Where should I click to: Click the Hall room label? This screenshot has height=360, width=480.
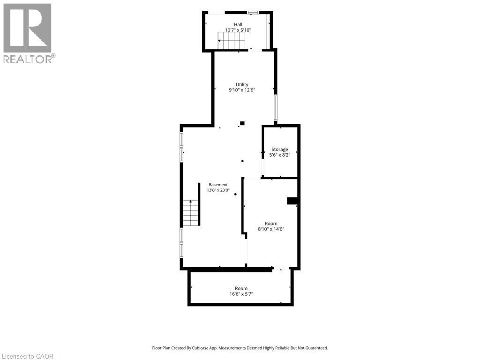[238, 24]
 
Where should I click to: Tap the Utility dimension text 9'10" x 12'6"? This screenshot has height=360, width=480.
[242, 90]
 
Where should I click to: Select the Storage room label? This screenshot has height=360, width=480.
[279, 150]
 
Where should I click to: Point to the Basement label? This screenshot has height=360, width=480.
[218, 185]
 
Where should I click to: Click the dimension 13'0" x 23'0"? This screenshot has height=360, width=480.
[218, 190]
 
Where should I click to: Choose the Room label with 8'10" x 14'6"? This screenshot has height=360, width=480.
[271, 224]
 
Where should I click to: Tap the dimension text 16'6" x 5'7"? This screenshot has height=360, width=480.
[241, 294]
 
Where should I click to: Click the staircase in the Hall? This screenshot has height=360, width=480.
[232, 40]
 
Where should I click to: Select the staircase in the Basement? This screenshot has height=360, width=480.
[191, 213]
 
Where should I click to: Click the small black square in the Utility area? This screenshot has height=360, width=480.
[242, 123]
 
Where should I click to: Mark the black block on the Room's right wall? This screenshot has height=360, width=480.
[292, 201]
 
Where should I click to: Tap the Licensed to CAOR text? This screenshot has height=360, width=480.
[27, 356]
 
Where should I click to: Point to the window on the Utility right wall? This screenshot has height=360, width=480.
[276, 108]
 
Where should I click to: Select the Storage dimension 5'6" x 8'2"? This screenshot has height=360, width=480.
[279, 155]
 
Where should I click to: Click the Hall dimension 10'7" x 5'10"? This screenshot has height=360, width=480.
[238, 30]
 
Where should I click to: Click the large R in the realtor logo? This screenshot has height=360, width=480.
[27, 28]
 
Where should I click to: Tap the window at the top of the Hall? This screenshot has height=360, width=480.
[253, 13]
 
